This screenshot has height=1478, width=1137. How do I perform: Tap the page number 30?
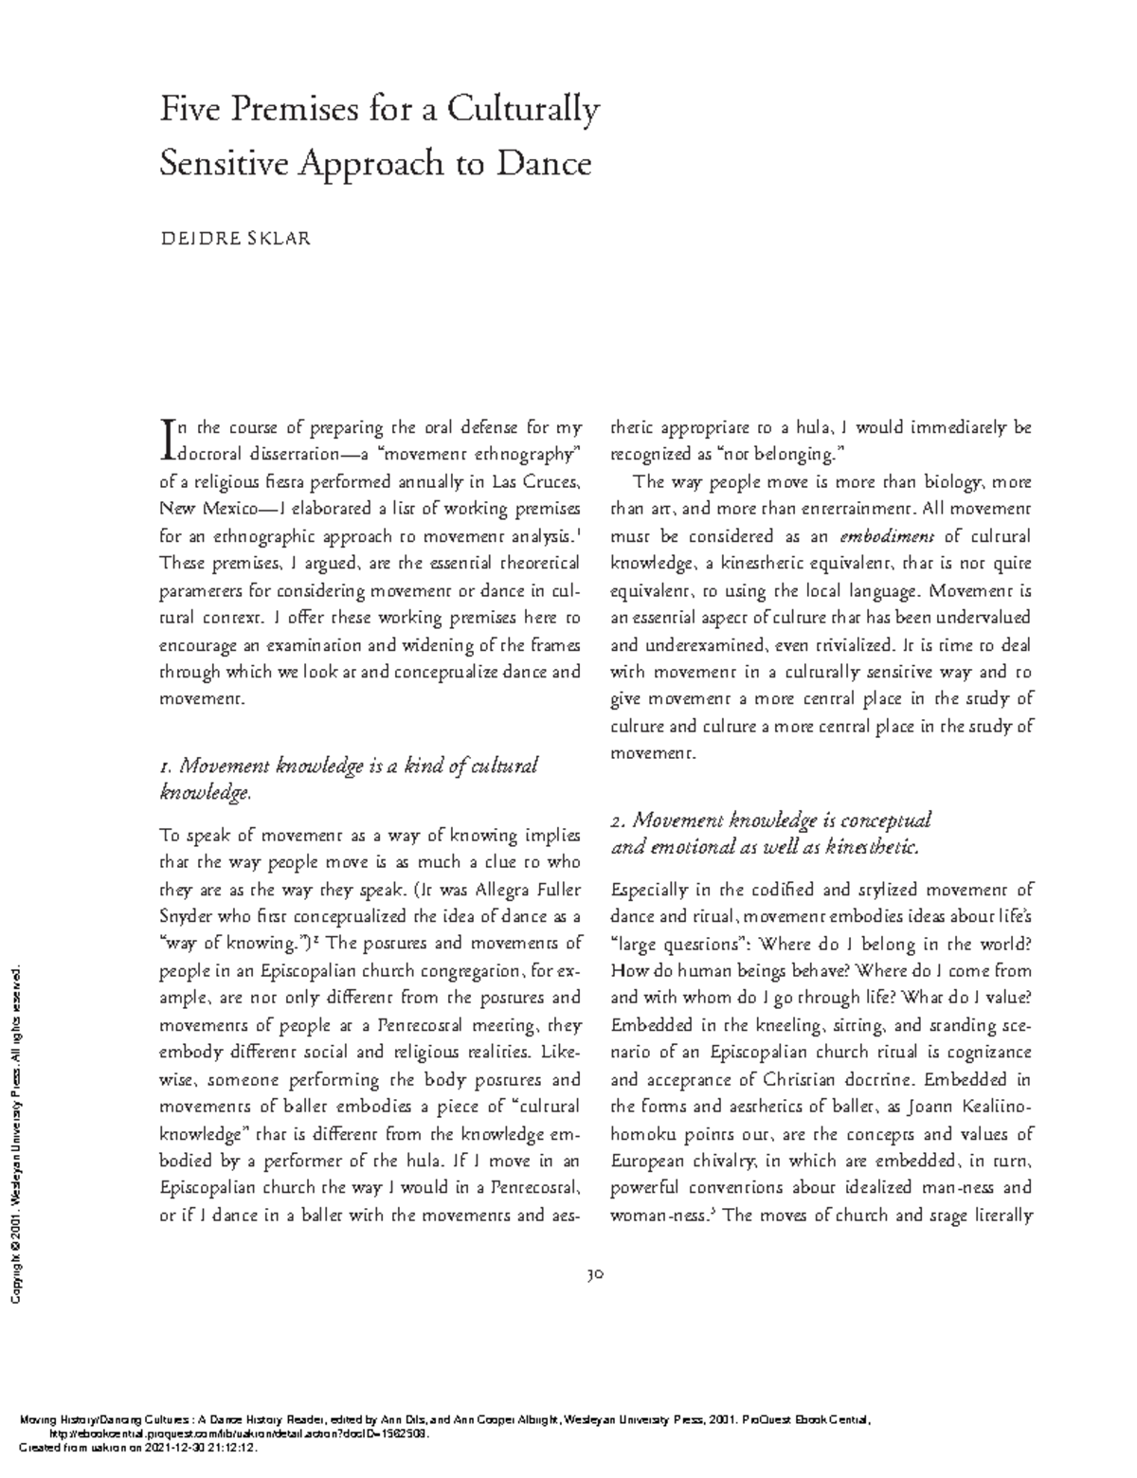595,1274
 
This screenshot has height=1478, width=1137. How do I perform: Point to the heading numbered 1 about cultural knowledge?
349,778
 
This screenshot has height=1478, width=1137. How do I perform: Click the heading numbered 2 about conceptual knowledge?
771,833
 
